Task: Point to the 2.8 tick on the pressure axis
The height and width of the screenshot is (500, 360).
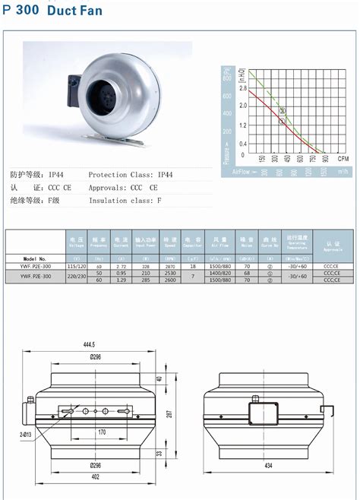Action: (242, 88)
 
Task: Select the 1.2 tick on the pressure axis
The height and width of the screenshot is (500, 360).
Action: (242, 125)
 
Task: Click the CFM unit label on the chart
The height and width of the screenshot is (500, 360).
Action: (343, 159)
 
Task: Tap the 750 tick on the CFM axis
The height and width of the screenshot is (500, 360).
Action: (312, 159)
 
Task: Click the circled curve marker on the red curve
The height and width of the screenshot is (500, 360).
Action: (283, 122)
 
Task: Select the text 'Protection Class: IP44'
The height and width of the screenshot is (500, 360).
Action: (131, 174)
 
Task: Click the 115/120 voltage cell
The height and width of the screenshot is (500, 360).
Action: (76, 267)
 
